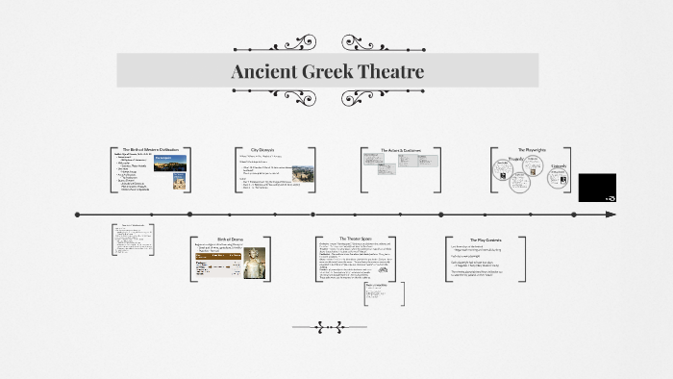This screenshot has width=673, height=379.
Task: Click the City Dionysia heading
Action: click(262, 151)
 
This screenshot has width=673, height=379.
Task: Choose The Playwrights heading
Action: click(531, 151)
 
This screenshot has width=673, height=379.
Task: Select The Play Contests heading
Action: click(485, 240)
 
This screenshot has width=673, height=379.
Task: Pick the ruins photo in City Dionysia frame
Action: click(300, 174)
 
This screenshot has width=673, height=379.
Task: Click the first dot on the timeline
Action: click(76, 214)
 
